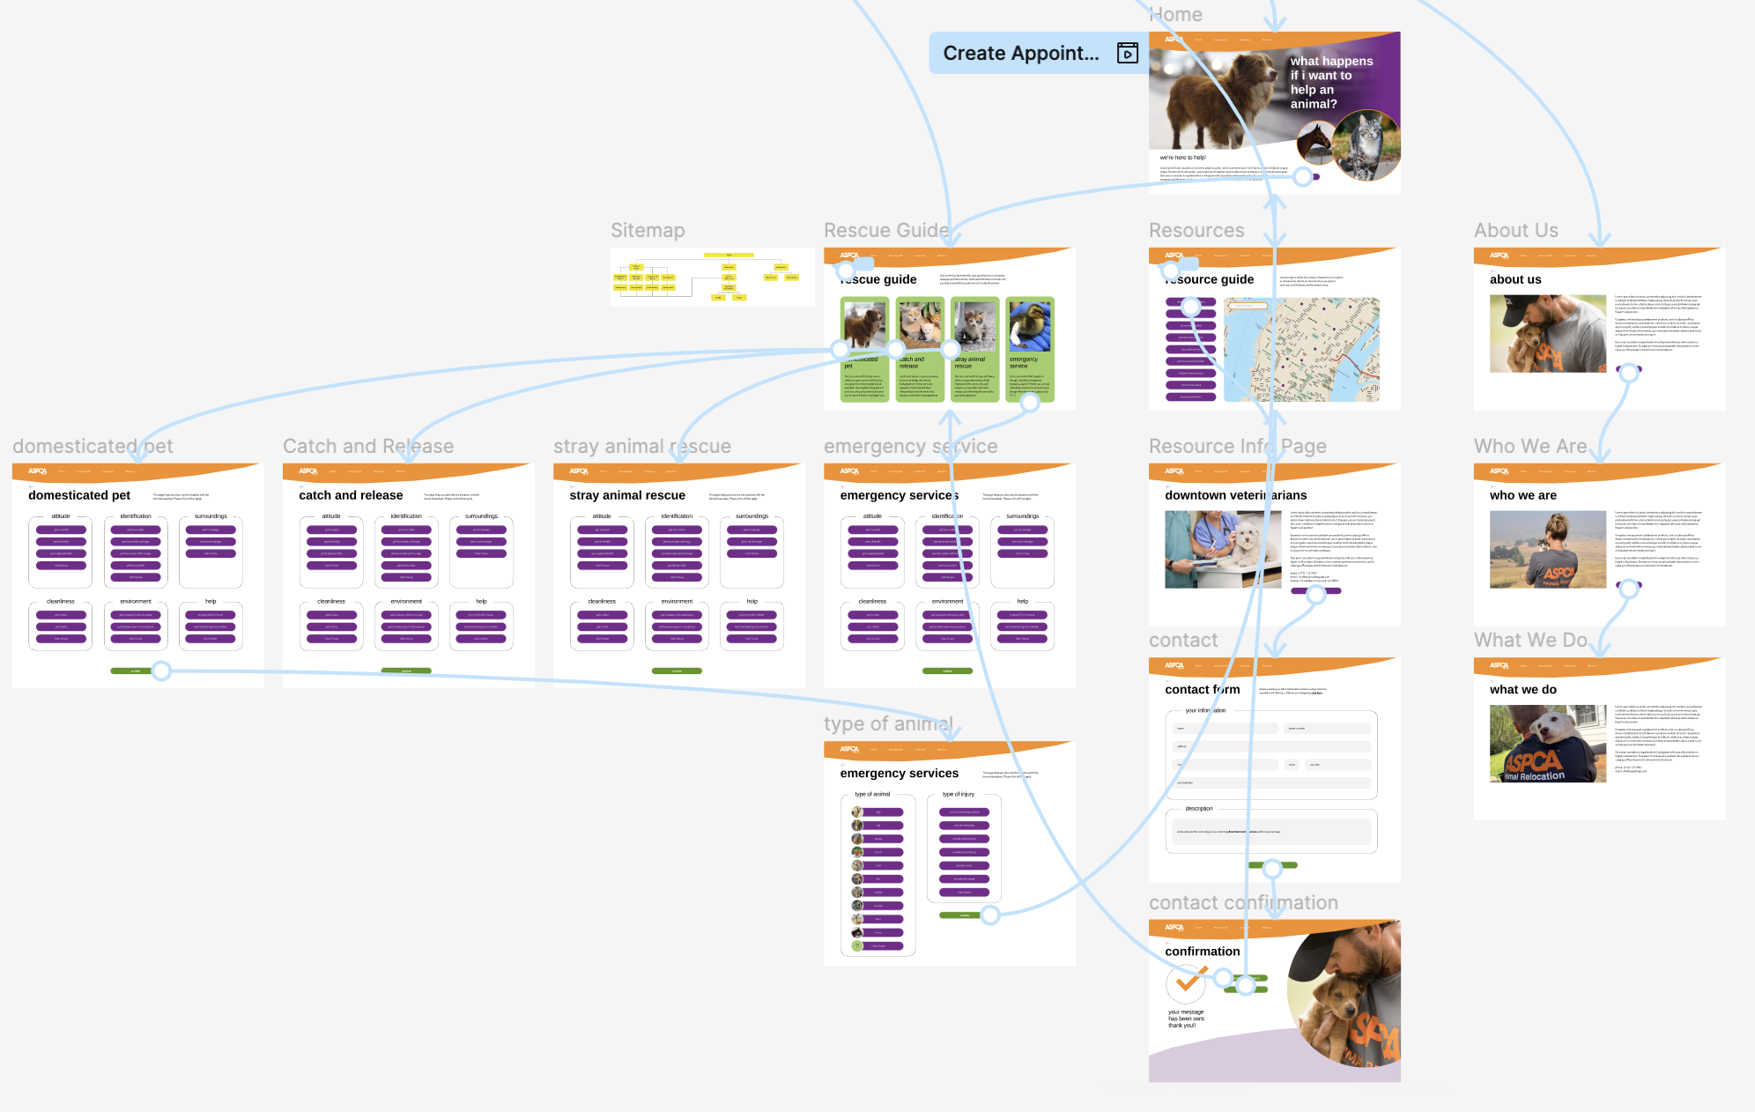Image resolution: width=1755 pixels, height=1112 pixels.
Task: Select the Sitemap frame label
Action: coord(648,231)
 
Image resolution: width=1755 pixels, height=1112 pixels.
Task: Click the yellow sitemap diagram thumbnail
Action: coord(712,277)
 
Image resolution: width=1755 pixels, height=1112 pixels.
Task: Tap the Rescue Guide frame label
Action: coord(885,231)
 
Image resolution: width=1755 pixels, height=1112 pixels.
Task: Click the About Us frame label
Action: coord(1515,231)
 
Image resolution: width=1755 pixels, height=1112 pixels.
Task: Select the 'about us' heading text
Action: coord(1515,279)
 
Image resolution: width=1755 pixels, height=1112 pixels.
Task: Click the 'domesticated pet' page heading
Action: coord(79,495)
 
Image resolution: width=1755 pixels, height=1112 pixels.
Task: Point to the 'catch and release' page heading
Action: coord(351,495)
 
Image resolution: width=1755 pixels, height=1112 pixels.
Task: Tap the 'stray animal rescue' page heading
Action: coord(627,495)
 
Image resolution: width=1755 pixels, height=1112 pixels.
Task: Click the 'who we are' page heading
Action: coord(1522,495)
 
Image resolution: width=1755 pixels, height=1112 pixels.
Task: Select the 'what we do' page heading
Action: coord(1522,690)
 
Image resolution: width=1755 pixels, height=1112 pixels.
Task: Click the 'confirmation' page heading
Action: coord(1202,952)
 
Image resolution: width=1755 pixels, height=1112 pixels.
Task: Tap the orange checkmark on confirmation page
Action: coord(1188,980)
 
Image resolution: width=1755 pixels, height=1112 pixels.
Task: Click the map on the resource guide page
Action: coord(1302,350)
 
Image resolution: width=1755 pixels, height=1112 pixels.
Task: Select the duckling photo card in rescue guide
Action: coord(1029,326)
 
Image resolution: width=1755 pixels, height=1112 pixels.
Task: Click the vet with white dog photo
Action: coord(1223,550)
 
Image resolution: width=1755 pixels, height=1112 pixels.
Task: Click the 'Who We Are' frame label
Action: coord(1529,447)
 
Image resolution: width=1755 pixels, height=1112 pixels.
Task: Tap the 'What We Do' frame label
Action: coord(1529,641)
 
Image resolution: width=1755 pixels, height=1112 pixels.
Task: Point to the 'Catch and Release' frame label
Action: coord(368,447)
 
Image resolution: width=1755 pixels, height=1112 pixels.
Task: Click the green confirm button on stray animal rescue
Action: coord(677,671)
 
